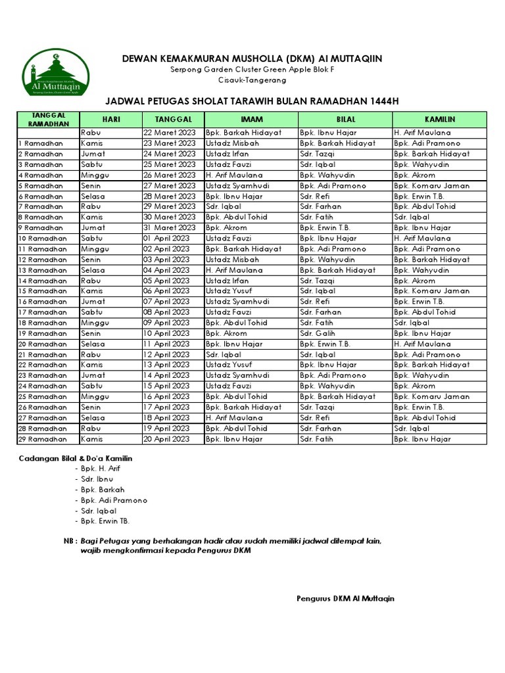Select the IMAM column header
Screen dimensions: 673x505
tap(252, 119)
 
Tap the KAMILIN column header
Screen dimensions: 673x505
tap(439, 119)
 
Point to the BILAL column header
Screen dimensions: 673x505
tap(345, 119)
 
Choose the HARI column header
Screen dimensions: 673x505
tap(110, 119)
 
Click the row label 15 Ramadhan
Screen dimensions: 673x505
tap(41, 291)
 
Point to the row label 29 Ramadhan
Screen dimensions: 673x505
tap(41, 439)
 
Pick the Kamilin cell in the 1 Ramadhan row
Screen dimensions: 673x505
tap(427, 143)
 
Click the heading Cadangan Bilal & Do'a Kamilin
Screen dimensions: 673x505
tap(75, 457)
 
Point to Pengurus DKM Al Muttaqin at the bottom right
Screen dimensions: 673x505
tap(345, 599)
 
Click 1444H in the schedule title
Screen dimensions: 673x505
tap(383, 101)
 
